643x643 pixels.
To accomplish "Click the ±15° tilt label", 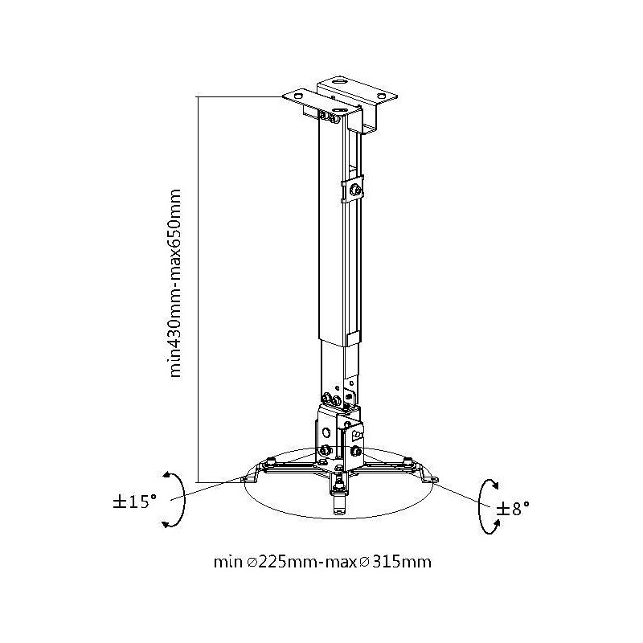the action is pos(135,502).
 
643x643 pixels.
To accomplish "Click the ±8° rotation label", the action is pos(513,509).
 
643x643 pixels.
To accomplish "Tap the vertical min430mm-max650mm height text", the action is pos(174,283).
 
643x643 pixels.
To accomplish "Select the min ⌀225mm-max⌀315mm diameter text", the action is pos(322,561).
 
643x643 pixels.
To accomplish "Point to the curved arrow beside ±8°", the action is pos(481,506).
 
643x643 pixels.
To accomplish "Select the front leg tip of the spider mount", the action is pos(338,509).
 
